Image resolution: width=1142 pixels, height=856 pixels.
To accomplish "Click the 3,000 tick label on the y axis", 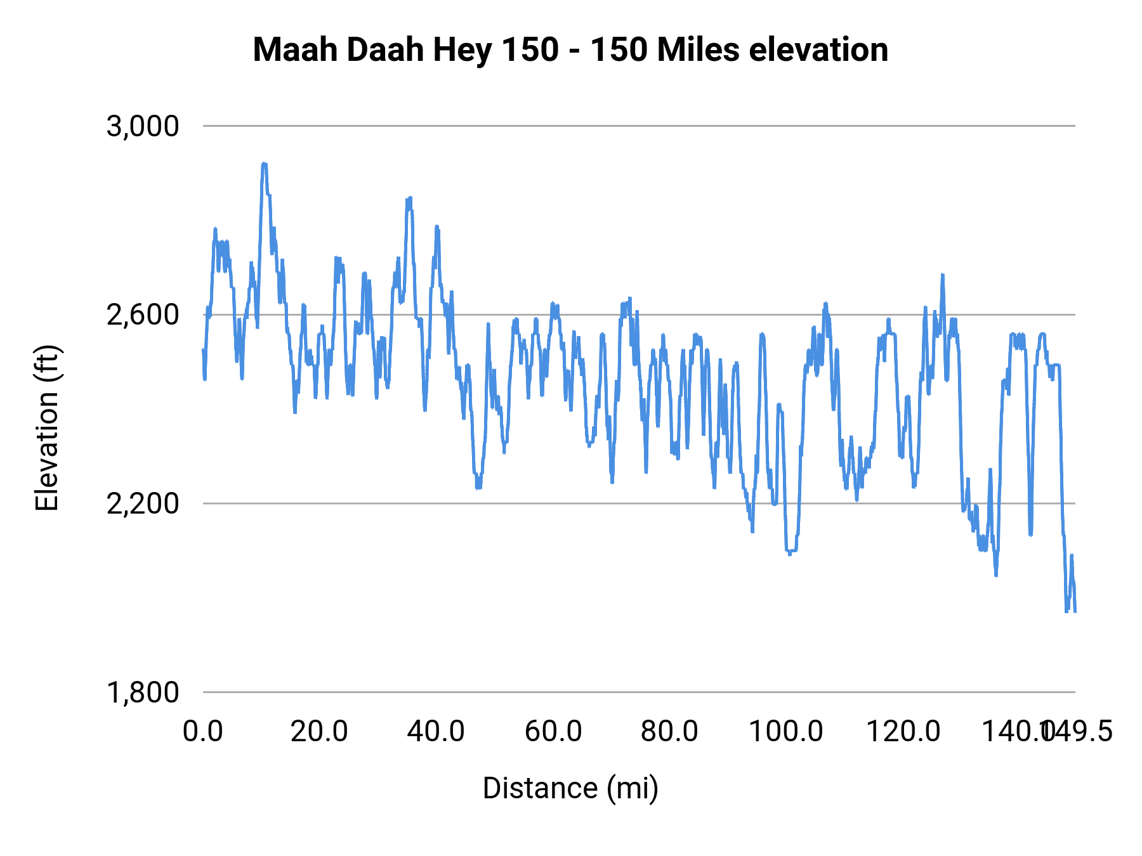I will (143, 127).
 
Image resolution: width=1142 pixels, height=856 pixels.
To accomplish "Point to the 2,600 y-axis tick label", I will (143, 315).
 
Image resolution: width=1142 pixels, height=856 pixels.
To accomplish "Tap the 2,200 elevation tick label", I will (143, 504).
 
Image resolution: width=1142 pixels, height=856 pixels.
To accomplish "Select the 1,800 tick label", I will (143, 692).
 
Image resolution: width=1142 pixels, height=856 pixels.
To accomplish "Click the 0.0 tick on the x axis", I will (203, 732).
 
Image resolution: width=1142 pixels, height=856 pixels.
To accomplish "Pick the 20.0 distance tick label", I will (319, 732).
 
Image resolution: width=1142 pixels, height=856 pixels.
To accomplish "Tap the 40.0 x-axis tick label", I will (436, 732).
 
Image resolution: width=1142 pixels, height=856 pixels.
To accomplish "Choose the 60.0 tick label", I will (553, 732).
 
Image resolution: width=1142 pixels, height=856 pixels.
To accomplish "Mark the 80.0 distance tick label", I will (669, 732).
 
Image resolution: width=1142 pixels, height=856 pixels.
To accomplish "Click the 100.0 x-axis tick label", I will (786, 732).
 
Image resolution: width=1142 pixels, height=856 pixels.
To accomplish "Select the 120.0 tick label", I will (903, 732).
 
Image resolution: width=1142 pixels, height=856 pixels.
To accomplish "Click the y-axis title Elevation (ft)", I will (47, 428).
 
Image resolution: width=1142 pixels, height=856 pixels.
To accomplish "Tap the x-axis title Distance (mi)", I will (570, 788).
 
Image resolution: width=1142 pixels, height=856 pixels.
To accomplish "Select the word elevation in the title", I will (818, 50).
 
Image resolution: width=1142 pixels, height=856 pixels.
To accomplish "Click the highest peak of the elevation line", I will (264, 164).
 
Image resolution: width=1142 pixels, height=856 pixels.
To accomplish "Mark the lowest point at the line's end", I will (1067, 611).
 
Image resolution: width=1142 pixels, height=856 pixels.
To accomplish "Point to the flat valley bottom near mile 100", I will (791, 550).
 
